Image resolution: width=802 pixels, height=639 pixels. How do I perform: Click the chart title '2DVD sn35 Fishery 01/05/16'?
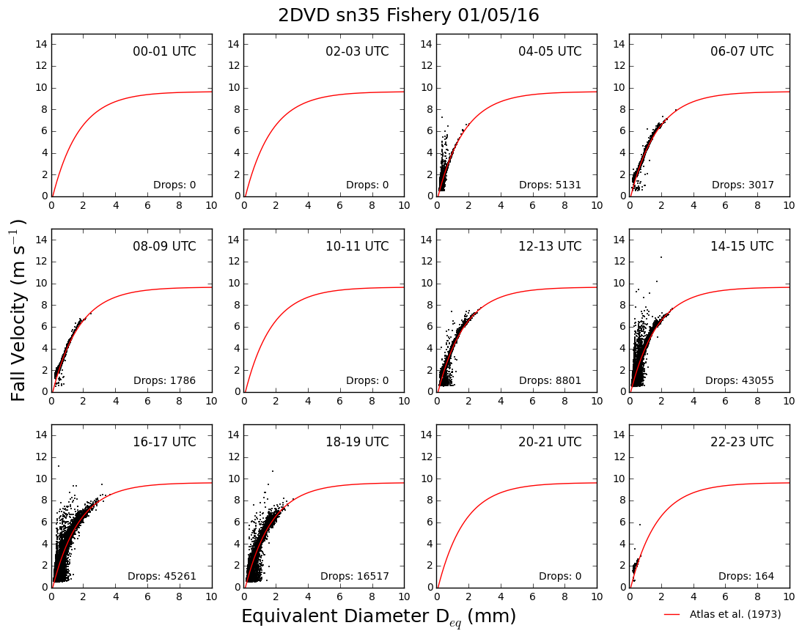(x=408, y=15)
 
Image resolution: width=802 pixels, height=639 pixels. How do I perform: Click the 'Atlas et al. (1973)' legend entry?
(x=722, y=614)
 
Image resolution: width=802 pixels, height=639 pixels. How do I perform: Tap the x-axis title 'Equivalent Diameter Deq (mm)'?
(x=378, y=616)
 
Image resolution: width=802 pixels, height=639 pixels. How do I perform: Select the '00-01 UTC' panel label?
(x=164, y=51)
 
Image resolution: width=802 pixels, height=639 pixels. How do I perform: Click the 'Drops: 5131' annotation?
(x=550, y=185)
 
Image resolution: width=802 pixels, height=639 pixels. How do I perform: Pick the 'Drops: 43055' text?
(x=739, y=380)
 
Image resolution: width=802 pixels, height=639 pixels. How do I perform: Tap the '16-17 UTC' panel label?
(x=164, y=442)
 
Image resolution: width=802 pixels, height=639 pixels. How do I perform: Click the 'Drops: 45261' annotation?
(x=161, y=576)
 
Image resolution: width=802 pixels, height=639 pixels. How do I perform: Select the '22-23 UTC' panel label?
(x=742, y=442)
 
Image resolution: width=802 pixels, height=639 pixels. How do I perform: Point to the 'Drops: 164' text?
(x=746, y=576)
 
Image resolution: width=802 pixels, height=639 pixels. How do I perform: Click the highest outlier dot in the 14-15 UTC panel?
(x=661, y=257)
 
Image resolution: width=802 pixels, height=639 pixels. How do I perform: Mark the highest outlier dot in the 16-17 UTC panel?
(x=59, y=466)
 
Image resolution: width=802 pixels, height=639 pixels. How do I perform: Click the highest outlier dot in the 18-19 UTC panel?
(x=273, y=470)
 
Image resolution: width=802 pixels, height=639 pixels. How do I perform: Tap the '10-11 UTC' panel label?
(x=357, y=246)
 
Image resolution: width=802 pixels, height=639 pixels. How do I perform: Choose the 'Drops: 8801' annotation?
(x=550, y=380)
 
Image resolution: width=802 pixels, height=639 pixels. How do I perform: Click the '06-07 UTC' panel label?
(x=742, y=51)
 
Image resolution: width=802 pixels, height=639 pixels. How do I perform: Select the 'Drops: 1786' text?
(x=164, y=380)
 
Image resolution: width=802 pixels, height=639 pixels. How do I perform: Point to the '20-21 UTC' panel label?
(x=550, y=442)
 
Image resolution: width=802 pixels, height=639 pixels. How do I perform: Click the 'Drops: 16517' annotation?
(x=355, y=576)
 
